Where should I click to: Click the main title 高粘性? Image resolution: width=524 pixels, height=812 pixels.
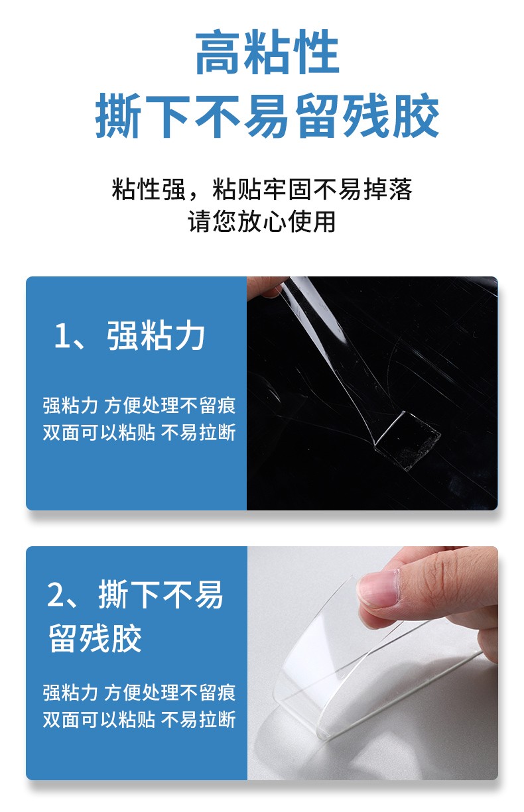pyautogui.click(x=267, y=52)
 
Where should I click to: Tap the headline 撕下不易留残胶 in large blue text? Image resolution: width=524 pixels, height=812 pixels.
pyautogui.click(x=267, y=115)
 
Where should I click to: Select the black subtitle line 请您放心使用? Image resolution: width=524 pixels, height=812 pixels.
pyautogui.click(x=261, y=221)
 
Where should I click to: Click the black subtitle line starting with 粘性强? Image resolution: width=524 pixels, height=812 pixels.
pyautogui.click(x=262, y=189)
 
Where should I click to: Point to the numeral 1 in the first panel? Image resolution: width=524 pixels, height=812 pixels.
pyautogui.click(x=61, y=336)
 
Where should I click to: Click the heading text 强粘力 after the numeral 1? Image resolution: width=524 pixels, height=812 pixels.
pyautogui.click(x=156, y=336)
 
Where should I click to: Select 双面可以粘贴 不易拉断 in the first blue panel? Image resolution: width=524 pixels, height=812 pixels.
pyautogui.click(x=139, y=432)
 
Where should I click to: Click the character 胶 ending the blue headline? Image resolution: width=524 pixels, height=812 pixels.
pyautogui.click(x=417, y=115)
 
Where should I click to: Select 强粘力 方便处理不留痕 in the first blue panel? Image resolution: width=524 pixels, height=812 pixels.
pyautogui.click(x=139, y=405)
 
